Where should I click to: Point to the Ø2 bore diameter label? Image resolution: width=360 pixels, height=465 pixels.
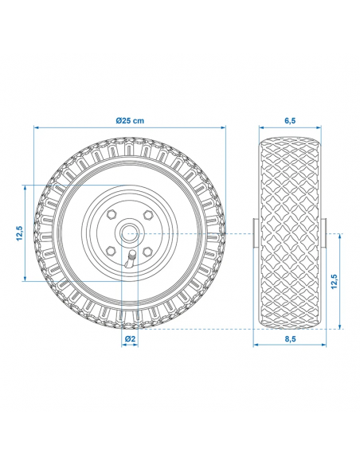click(130, 339)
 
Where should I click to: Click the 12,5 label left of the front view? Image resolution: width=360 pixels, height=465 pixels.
click(18, 232)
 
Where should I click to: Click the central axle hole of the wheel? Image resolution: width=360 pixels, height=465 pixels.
click(130, 232)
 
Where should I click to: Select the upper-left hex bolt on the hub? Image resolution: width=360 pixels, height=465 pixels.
click(112, 215)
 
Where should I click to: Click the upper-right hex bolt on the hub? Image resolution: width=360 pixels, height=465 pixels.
click(148, 215)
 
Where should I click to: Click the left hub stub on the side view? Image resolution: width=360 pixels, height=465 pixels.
click(255, 232)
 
